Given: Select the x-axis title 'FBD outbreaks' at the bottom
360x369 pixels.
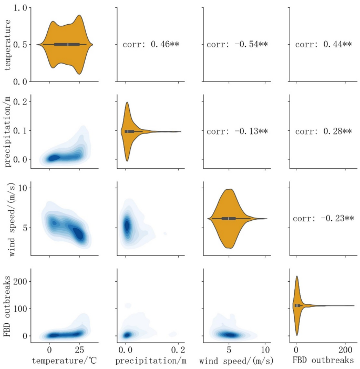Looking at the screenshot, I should tap(321, 361).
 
